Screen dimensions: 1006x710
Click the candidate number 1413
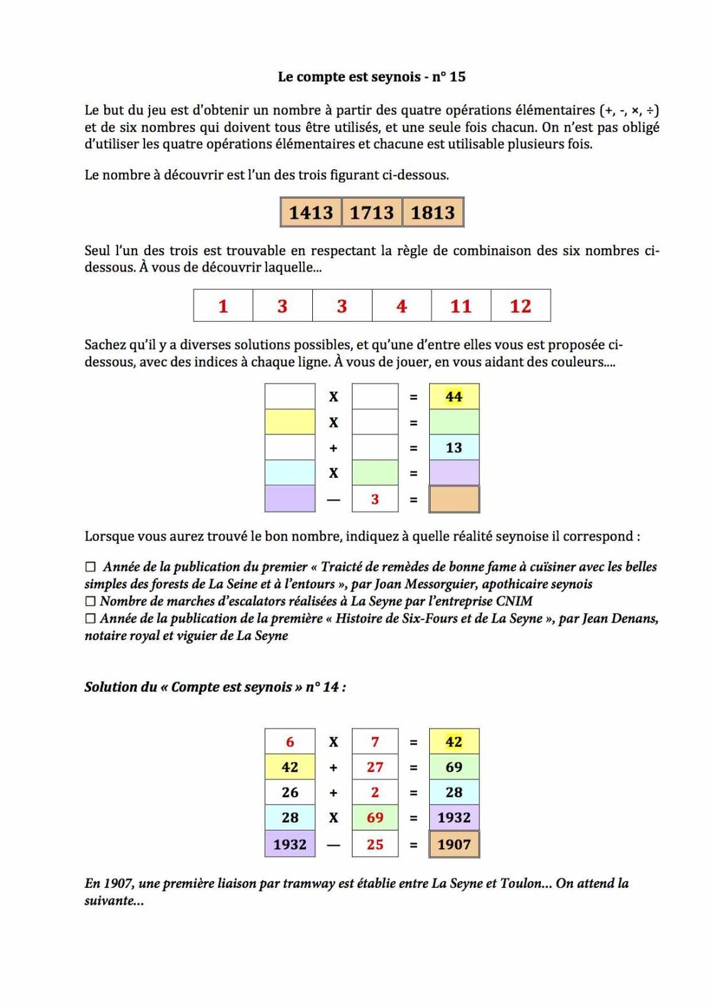pyautogui.click(x=311, y=213)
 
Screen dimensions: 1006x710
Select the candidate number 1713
pyautogui.click(x=372, y=213)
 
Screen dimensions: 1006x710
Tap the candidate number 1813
pyautogui.click(x=433, y=213)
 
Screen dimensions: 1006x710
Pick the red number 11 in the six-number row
pyautogui.click(x=461, y=306)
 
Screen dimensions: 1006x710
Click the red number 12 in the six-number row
pyautogui.click(x=520, y=306)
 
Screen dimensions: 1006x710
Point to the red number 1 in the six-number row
pyautogui.click(x=223, y=306)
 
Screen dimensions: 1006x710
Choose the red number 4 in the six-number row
pyautogui.click(x=401, y=306)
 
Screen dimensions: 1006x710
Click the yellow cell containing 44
pyautogui.click(x=454, y=397)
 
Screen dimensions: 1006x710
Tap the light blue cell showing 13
pyautogui.click(x=454, y=448)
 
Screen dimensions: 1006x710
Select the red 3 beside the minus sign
pyautogui.click(x=375, y=499)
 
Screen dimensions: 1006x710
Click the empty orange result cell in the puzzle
pyautogui.click(x=454, y=499)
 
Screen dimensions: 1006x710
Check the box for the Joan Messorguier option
pyautogui.click(x=90, y=567)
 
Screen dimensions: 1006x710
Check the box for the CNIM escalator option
pyautogui.click(x=90, y=602)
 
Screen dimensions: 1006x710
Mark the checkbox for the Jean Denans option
pyautogui.click(x=90, y=619)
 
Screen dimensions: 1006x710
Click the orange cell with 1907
pyautogui.click(x=454, y=844)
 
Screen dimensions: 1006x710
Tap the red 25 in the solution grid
pyautogui.click(x=375, y=844)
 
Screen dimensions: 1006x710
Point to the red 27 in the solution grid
pyautogui.click(x=375, y=767)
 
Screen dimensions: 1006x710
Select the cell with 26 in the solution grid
pyautogui.click(x=290, y=792)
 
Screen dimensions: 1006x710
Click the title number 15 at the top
pyautogui.click(x=457, y=77)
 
